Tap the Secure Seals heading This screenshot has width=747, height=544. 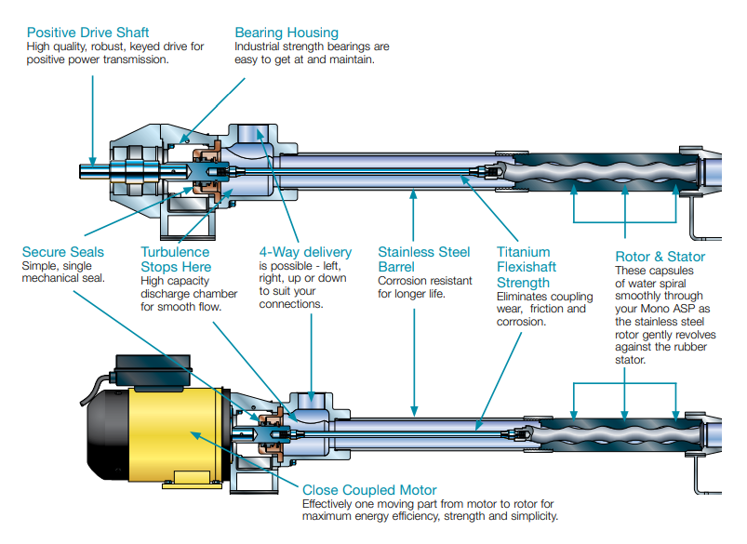63,252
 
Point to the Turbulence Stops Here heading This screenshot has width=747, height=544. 175,259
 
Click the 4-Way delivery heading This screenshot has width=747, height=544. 305,252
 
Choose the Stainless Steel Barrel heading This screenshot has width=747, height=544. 424,259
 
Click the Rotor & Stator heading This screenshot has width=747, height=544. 660,257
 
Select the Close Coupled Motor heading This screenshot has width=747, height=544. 369,490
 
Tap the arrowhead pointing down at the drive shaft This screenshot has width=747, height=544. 93,160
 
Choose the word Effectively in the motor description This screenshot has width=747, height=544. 330,504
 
